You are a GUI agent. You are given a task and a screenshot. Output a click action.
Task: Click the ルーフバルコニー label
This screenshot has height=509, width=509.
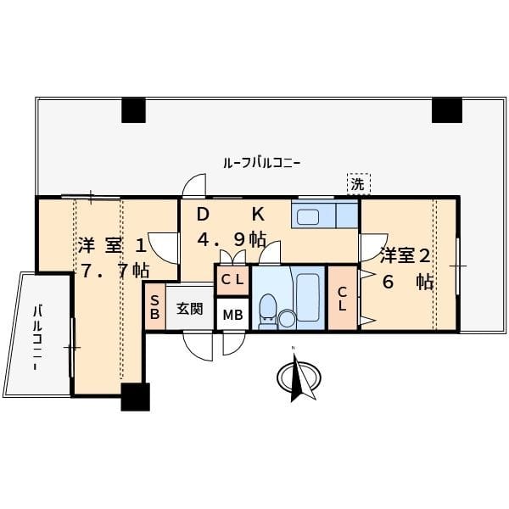[x=261, y=163]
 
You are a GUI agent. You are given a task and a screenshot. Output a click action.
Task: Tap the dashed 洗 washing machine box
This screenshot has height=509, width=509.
[x=358, y=184]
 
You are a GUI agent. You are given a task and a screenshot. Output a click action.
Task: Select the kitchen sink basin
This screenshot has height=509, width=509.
[x=308, y=216]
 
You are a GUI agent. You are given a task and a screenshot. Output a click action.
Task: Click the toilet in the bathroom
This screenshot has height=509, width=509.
[x=268, y=311]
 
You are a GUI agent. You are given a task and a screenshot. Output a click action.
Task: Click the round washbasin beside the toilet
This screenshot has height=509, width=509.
[x=288, y=319]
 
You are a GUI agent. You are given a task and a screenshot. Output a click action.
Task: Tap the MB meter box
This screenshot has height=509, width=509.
[x=232, y=314]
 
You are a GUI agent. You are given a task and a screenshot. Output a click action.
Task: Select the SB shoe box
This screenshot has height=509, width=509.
[x=155, y=307]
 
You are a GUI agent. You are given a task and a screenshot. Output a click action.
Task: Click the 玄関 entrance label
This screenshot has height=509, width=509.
[x=190, y=309]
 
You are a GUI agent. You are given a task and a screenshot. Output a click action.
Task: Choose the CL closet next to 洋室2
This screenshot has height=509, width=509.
[x=343, y=299]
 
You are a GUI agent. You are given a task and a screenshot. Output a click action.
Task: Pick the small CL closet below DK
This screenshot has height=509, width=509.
[x=232, y=280]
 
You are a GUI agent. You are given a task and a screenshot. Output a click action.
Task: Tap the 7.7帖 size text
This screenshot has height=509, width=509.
[x=115, y=271]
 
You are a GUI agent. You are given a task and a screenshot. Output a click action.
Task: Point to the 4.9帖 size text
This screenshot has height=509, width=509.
[x=232, y=240]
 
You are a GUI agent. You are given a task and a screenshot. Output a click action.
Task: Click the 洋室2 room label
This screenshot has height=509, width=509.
[x=406, y=255]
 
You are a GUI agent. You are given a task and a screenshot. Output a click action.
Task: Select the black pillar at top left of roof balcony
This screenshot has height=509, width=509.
[x=133, y=110]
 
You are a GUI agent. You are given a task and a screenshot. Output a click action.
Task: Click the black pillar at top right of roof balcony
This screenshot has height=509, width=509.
[x=447, y=110]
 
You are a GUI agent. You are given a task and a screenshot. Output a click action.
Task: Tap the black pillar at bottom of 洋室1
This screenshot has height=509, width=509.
[x=136, y=397]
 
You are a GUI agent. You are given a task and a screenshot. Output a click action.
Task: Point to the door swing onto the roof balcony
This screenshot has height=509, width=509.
[x=194, y=186]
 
